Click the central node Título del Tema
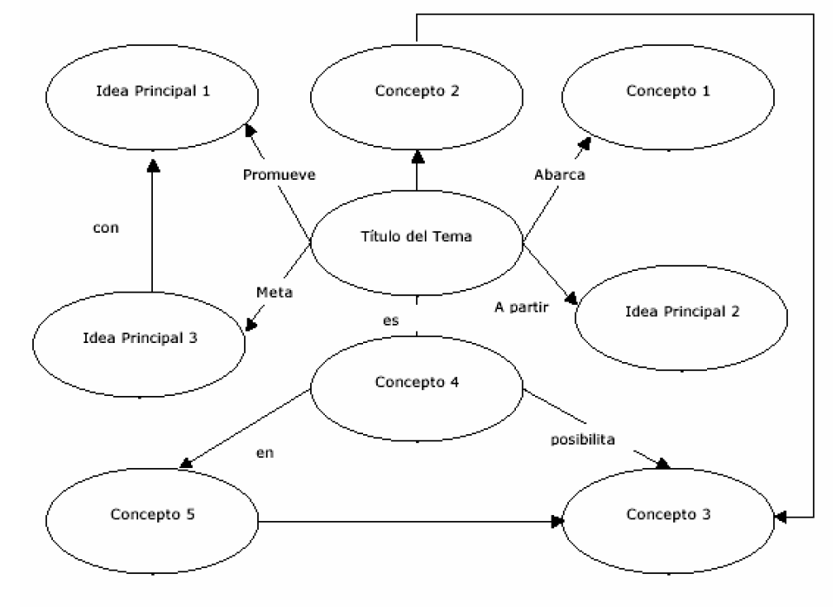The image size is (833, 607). click(417, 236)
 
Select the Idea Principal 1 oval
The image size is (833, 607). click(152, 91)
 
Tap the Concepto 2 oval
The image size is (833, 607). click(417, 91)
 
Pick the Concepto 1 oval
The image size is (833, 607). click(669, 91)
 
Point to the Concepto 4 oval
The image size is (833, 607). click(417, 382)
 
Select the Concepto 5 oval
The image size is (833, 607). click(152, 514)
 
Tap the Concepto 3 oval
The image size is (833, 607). click(669, 514)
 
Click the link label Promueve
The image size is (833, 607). click(279, 175)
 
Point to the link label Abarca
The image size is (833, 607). click(559, 175)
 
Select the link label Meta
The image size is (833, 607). click(274, 293)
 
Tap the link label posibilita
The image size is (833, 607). click(583, 440)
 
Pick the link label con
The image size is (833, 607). click(105, 229)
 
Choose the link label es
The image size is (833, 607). click(391, 320)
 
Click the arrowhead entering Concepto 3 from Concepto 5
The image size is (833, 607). click(557, 522)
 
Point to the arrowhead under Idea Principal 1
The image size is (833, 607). click(153, 165)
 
